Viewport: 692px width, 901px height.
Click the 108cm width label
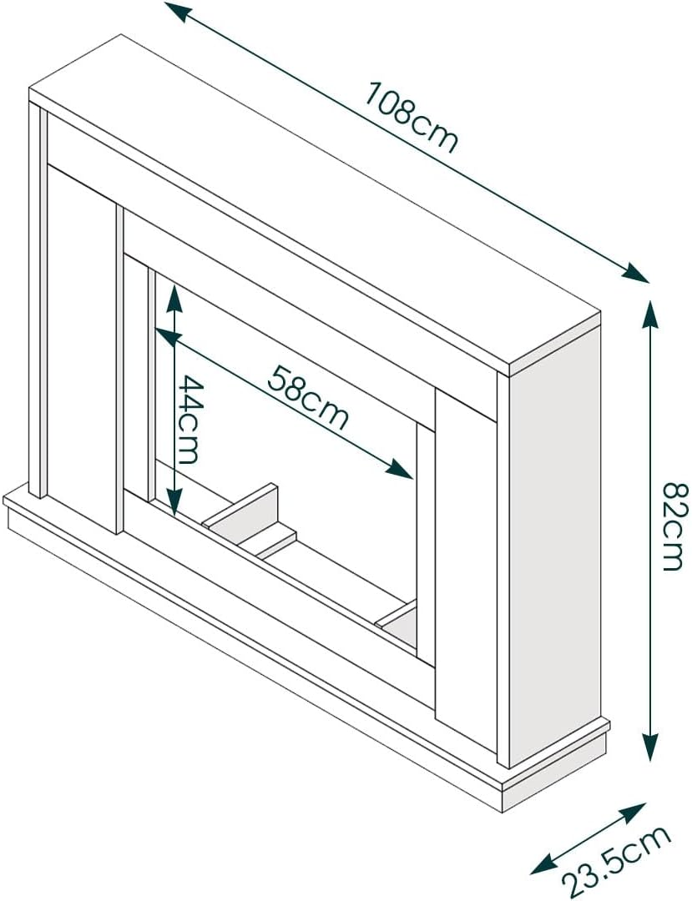pyautogui.click(x=412, y=118)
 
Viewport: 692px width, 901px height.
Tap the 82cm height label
pyautogui.click(x=674, y=527)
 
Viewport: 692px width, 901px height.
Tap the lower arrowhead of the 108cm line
pyautogui.click(x=636, y=272)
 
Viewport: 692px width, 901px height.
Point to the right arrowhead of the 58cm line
pyautogui.click(x=400, y=470)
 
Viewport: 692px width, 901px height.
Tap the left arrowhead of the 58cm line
pyautogui.click(x=167, y=337)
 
